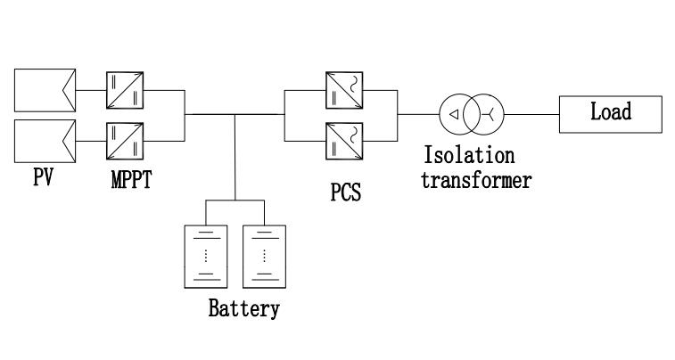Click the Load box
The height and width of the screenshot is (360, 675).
click(611, 113)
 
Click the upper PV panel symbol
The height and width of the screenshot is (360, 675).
click(44, 90)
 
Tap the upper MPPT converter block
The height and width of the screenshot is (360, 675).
click(120, 90)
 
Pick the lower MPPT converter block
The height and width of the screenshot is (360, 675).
click(120, 140)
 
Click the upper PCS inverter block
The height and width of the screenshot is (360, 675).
click(344, 90)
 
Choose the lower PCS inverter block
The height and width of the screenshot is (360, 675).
click(344, 140)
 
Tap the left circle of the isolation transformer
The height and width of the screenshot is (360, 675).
click(456, 114)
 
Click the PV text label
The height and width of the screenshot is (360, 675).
click(43, 176)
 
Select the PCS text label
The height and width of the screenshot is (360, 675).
click(345, 192)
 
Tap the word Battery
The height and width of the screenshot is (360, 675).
click(243, 309)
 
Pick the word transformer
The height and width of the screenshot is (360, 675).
click(476, 180)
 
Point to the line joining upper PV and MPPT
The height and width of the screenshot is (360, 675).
click(91, 90)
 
